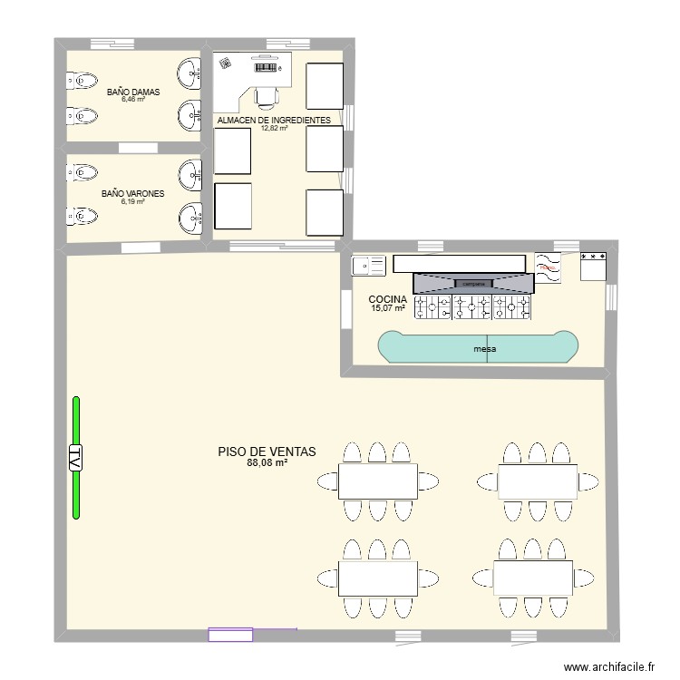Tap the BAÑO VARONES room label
tap(126, 194)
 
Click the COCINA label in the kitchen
tap(387, 299)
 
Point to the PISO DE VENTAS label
tap(267, 452)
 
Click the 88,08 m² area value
tap(267, 463)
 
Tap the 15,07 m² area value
tap(387, 308)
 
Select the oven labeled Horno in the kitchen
tap(548, 265)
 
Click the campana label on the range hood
tap(474, 284)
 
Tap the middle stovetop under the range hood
tap(472, 308)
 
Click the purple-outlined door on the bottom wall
tap(230, 635)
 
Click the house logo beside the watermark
tap(550, 665)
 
